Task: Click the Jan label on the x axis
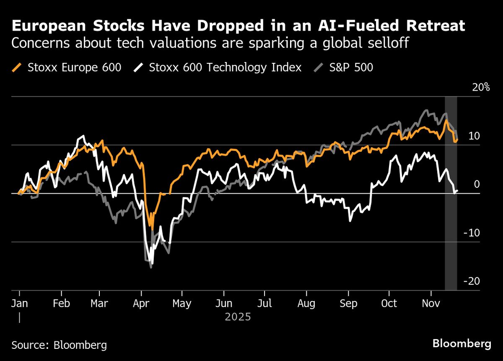click(19, 303)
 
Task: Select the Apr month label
click(140, 303)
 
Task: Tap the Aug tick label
click(306, 303)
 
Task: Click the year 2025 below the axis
click(238, 317)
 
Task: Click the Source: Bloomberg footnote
click(59, 345)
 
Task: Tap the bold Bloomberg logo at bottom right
click(462, 344)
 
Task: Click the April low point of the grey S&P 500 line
click(150, 267)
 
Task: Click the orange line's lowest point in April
click(152, 230)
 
